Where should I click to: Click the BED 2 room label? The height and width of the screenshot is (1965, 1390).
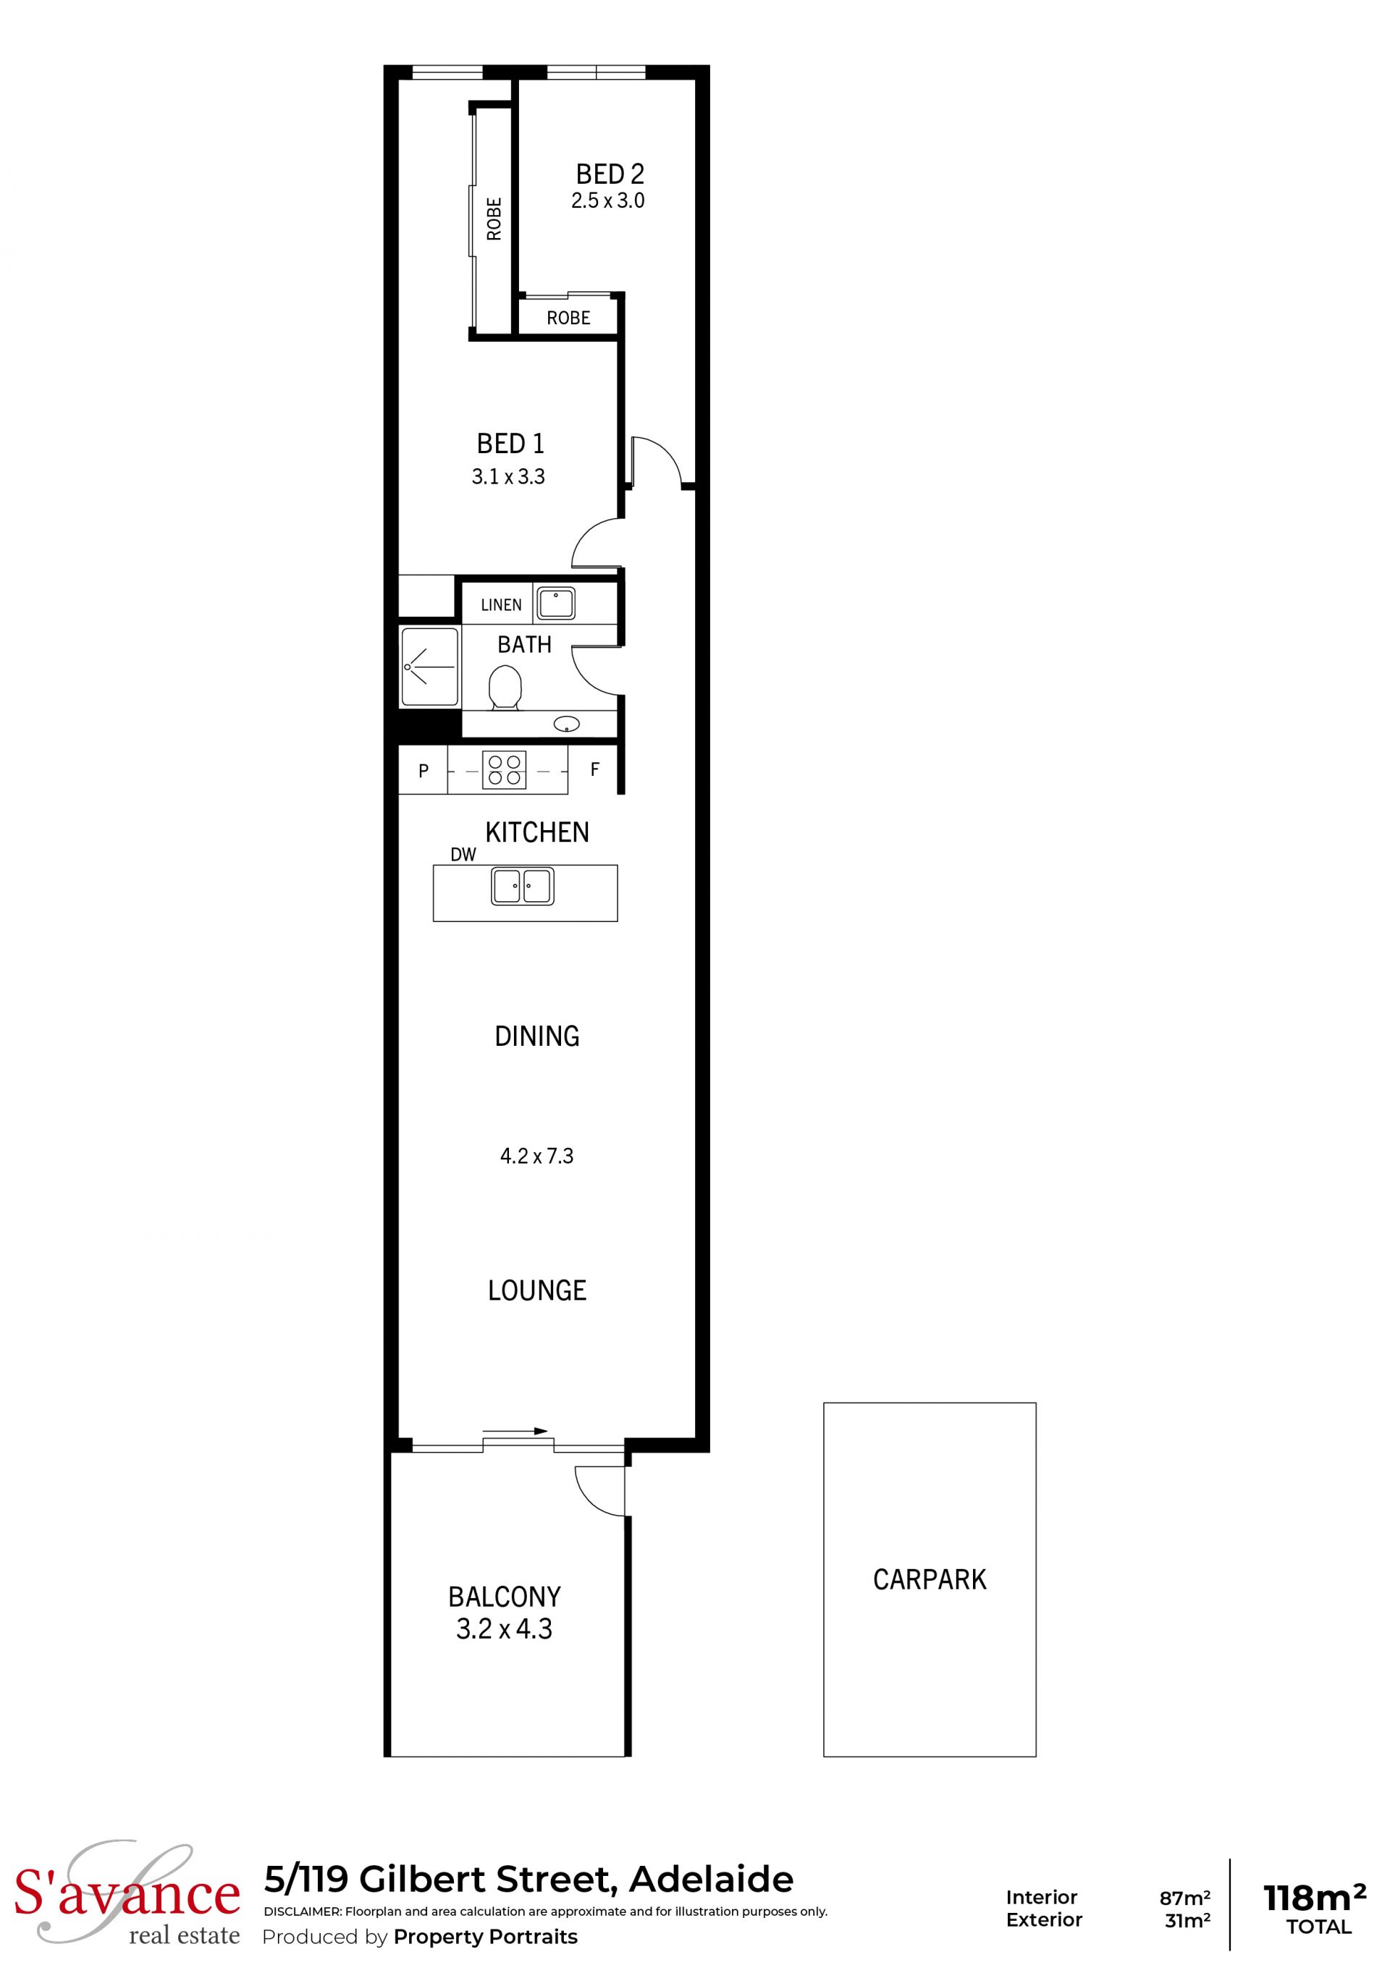610,174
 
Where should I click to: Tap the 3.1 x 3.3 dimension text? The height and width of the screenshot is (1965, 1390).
508,477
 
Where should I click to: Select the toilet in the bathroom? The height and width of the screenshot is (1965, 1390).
505,688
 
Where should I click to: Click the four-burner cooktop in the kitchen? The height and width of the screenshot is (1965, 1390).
504,769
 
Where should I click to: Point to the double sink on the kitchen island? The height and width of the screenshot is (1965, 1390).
522,886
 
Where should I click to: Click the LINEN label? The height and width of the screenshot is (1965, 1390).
502,605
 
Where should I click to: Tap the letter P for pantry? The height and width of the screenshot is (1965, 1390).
424,771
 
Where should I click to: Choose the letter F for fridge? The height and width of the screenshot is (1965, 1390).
595,769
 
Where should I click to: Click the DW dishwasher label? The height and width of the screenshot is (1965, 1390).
463,854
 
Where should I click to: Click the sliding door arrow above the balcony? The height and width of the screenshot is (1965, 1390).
515,1430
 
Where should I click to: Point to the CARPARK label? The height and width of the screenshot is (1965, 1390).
930,1579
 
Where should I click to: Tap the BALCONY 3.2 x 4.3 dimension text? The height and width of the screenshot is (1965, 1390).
504,1628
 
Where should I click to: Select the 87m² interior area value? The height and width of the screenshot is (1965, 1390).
1184,1898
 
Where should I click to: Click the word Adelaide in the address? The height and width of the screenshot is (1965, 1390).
711,1880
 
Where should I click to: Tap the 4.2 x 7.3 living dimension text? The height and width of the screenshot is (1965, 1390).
536,1157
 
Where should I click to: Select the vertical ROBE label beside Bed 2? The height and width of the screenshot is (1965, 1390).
494,219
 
